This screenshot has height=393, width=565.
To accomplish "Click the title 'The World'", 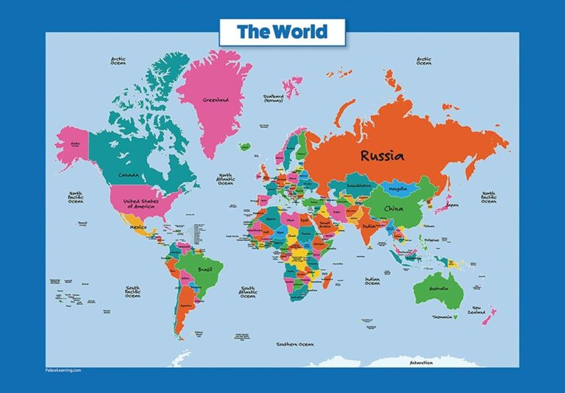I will click(282, 32).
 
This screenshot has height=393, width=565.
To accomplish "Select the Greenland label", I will click(216, 99).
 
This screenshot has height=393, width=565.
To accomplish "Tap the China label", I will click(394, 208).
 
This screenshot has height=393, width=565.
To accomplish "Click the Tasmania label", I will click(441, 317).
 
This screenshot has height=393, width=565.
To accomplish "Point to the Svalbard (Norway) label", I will click(275, 98).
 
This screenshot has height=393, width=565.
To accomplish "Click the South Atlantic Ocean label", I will click(248, 292).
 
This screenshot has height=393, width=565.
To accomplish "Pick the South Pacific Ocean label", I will click(133, 292).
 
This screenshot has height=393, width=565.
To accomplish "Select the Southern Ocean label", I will click(295, 344).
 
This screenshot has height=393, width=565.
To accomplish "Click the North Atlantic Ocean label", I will click(225, 179).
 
